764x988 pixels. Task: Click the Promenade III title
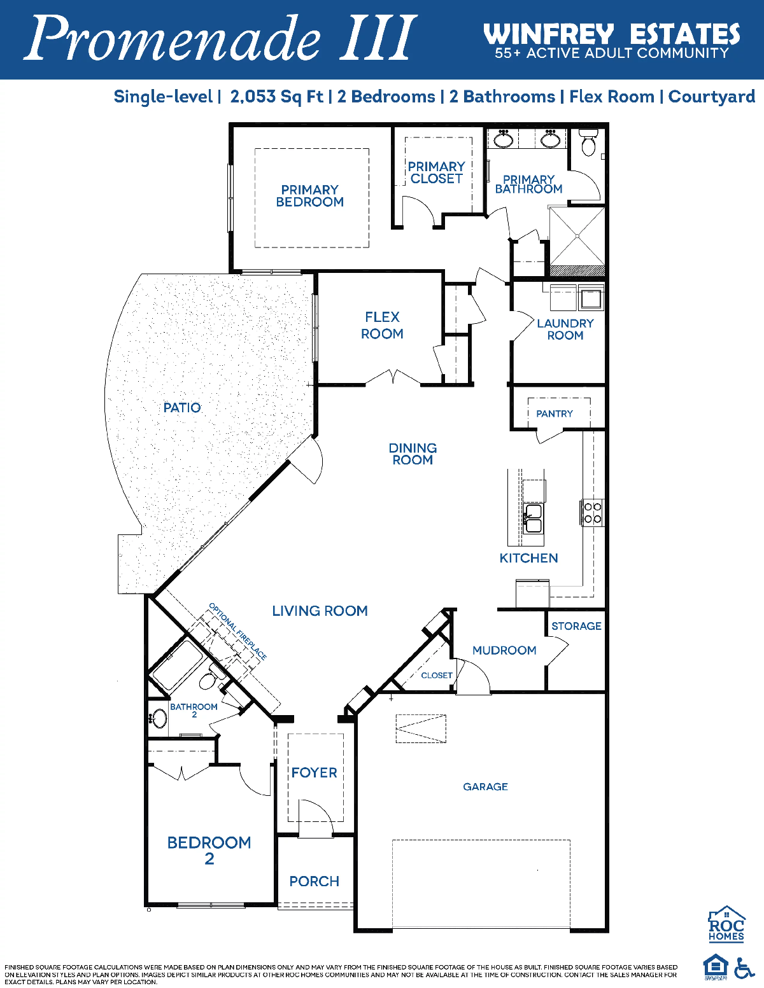(220, 39)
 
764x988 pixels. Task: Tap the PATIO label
(182, 407)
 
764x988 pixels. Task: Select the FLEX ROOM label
(382, 326)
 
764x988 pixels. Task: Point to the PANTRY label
(555, 414)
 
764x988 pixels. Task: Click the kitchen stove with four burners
(593, 513)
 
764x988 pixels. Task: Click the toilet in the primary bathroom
(589, 142)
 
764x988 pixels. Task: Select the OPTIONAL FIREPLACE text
(237, 632)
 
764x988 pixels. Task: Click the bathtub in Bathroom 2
(178, 665)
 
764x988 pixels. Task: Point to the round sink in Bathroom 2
(159, 719)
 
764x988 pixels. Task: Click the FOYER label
(315, 772)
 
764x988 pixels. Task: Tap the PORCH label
(315, 881)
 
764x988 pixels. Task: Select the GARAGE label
(486, 786)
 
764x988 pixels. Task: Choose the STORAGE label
(577, 626)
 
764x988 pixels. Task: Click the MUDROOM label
(504, 650)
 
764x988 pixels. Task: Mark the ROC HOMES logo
(726, 924)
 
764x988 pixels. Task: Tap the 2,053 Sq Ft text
(277, 97)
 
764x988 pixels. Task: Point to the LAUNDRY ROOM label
(565, 329)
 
